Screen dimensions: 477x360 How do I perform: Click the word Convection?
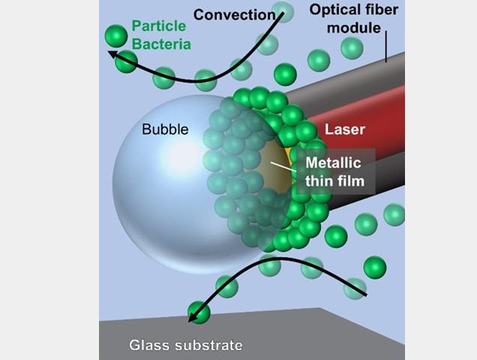click(234, 14)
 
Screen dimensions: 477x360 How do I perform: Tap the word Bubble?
click(165, 129)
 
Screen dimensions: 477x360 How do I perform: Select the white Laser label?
click(345, 129)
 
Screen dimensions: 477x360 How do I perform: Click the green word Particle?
click(158, 25)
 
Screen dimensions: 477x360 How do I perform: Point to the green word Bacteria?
click(161, 44)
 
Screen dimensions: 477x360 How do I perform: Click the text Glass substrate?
click(186, 345)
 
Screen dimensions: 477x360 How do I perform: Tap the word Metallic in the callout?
click(333, 163)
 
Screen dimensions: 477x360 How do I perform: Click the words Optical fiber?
click(354, 10)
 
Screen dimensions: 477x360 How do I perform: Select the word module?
click(354, 28)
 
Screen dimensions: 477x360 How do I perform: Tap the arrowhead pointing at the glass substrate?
click(192, 316)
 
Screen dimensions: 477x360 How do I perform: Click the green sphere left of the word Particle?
click(116, 36)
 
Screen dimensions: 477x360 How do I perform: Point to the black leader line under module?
click(386, 46)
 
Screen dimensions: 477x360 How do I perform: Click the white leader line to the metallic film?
click(283, 166)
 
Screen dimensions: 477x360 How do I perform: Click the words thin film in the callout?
click(335, 181)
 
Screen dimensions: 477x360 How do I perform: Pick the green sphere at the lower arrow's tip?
click(199, 312)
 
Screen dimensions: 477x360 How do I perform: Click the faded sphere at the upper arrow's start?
click(283, 12)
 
